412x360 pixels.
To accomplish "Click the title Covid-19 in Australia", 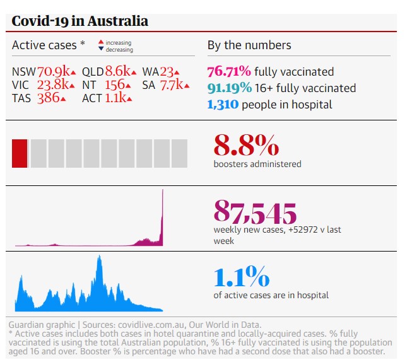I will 80,21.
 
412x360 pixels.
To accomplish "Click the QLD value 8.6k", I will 117,71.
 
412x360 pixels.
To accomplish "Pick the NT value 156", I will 114,85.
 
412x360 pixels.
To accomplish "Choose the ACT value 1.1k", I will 115,98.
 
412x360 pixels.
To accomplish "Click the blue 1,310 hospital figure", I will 223,104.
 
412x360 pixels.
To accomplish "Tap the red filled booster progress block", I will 20,154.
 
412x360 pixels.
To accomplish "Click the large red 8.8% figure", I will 246,146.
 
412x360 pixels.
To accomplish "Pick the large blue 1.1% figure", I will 241,277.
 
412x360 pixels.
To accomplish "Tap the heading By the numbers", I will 249,45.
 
